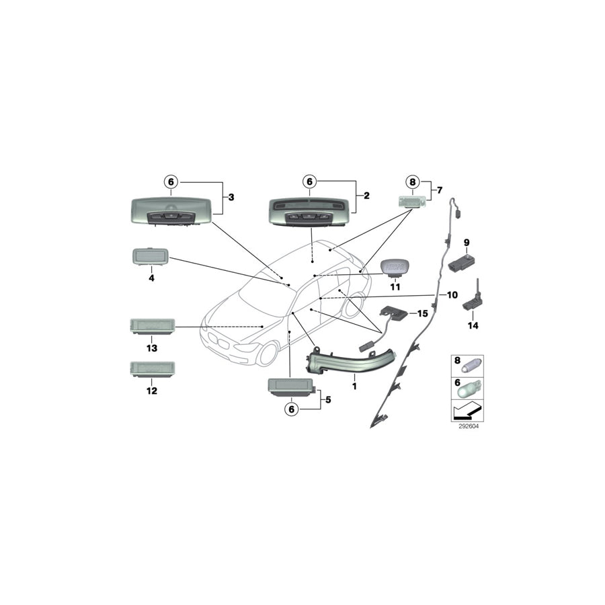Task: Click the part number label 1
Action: (354, 387)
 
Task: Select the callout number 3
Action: (231, 197)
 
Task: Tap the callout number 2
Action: (366, 196)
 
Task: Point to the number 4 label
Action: (151, 277)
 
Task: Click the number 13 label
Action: (152, 348)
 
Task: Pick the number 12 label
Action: (152, 390)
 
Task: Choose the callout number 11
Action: (395, 286)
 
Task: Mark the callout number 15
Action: (422, 313)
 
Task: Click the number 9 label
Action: (466, 241)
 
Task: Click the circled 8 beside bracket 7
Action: (413, 182)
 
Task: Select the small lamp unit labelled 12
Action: (152, 369)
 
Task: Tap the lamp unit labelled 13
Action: (152, 326)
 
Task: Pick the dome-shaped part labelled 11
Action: (395, 268)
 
